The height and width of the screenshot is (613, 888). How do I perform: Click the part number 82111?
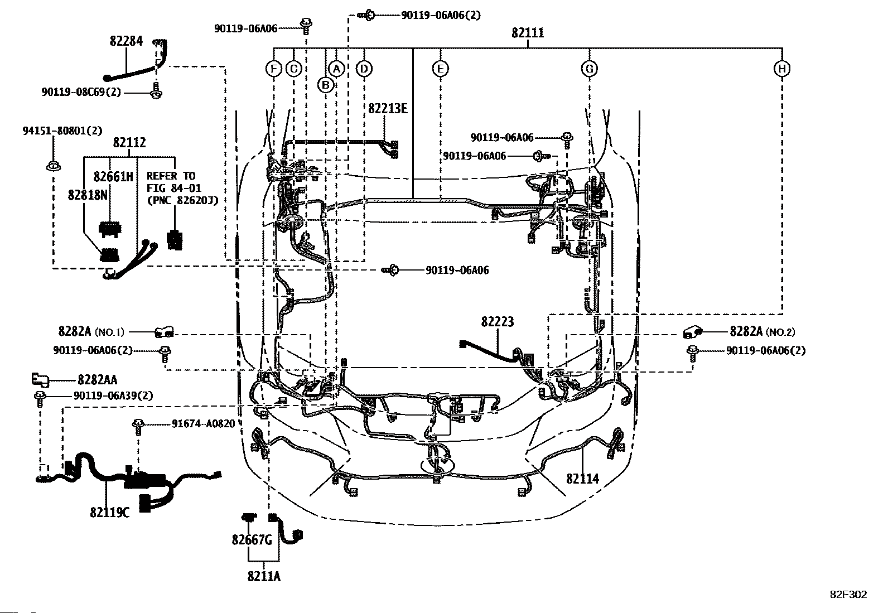click(x=528, y=32)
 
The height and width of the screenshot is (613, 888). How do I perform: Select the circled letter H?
click(x=782, y=69)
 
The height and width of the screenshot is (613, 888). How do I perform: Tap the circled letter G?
click(x=590, y=69)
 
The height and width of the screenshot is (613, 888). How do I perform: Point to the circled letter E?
click(x=441, y=69)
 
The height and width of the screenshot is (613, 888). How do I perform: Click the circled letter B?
click(x=326, y=85)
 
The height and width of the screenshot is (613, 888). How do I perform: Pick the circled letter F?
click(x=273, y=69)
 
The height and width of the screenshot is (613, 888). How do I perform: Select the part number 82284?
click(x=126, y=41)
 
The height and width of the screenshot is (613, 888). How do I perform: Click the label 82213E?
click(x=388, y=108)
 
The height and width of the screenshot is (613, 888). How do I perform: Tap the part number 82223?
click(x=498, y=322)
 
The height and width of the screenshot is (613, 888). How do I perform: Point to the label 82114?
click(x=582, y=479)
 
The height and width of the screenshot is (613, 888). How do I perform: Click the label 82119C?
click(x=109, y=512)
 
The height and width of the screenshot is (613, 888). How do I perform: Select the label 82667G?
click(x=252, y=539)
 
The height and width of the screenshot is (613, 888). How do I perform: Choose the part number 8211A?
click(x=264, y=576)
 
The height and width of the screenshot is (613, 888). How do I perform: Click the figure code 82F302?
click(x=849, y=595)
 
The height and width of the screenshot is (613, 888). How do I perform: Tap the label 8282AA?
click(x=97, y=380)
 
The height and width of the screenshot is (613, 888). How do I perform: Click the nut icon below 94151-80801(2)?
click(x=53, y=166)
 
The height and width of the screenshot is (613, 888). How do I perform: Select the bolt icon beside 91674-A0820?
click(x=138, y=427)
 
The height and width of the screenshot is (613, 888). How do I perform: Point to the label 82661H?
click(x=113, y=176)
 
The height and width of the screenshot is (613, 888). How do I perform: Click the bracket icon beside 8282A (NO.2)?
click(x=692, y=332)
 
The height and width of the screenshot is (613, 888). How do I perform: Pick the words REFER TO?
click(x=171, y=176)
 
